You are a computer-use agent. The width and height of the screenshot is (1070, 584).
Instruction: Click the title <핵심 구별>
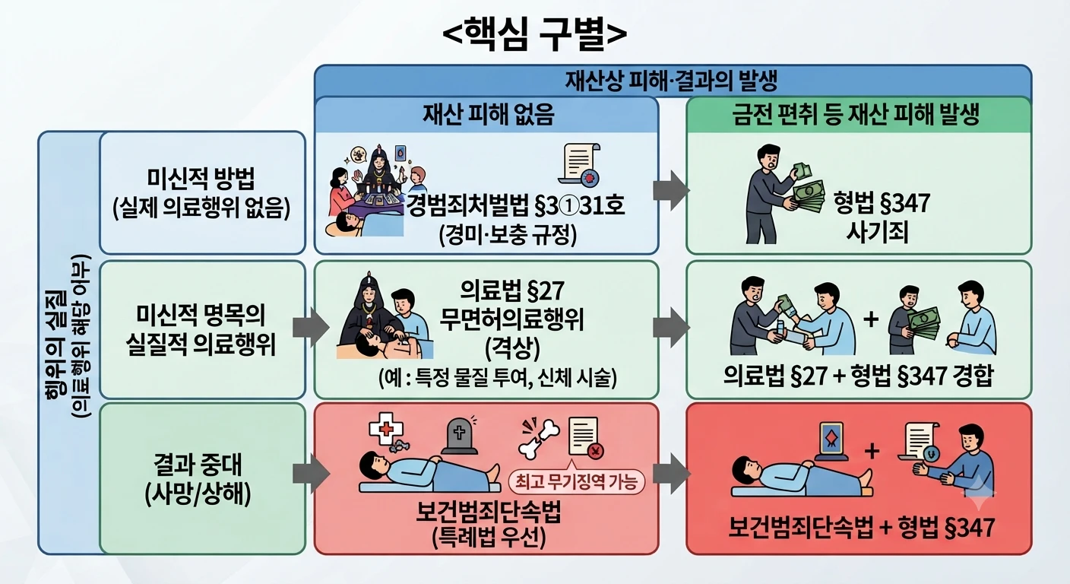click(x=534, y=34)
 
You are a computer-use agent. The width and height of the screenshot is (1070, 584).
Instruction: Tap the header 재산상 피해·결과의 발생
click(x=671, y=81)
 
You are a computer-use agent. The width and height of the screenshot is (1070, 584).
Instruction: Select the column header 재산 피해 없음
click(x=488, y=115)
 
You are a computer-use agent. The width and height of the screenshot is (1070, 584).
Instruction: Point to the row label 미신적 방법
click(x=201, y=179)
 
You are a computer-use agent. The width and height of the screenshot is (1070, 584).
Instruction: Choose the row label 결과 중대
click(x=198, y=465)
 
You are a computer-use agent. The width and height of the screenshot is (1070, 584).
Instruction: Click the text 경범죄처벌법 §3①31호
click(x=515, y=205)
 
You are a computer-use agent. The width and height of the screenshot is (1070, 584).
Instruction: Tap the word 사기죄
click(x=877, y=233)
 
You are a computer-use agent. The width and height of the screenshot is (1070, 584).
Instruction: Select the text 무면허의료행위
click(x=511, y=319)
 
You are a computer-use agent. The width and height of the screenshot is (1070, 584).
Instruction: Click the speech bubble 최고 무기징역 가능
click(x=577, y=482)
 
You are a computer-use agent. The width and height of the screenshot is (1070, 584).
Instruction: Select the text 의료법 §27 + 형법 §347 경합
click(x=859, y=376)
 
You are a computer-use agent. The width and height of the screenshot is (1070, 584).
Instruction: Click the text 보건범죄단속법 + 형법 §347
click(x=861, y=528)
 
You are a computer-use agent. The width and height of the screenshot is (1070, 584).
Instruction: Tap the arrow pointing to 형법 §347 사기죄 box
click(x=671, y=190)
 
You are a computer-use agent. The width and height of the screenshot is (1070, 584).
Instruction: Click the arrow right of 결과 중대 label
click(x=311, y=473)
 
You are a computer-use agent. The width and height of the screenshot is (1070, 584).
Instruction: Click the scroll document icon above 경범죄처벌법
click(x=579, y=164)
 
